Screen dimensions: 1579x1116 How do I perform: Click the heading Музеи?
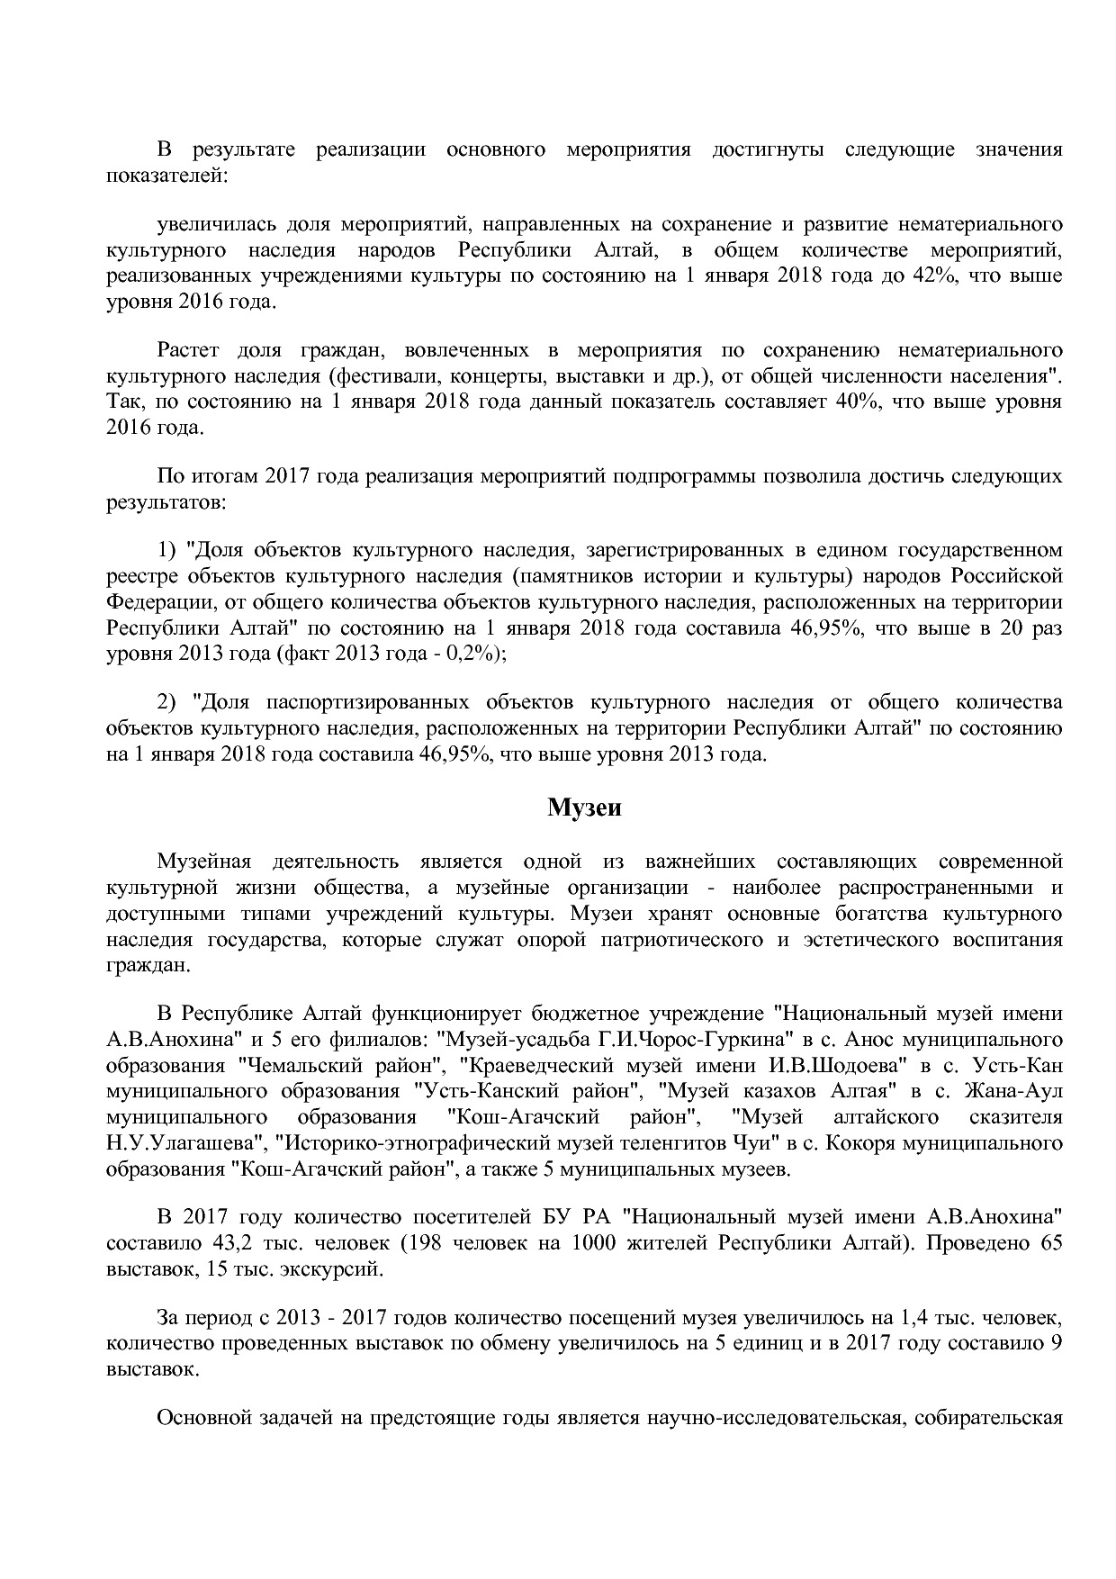tap(584, 808)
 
